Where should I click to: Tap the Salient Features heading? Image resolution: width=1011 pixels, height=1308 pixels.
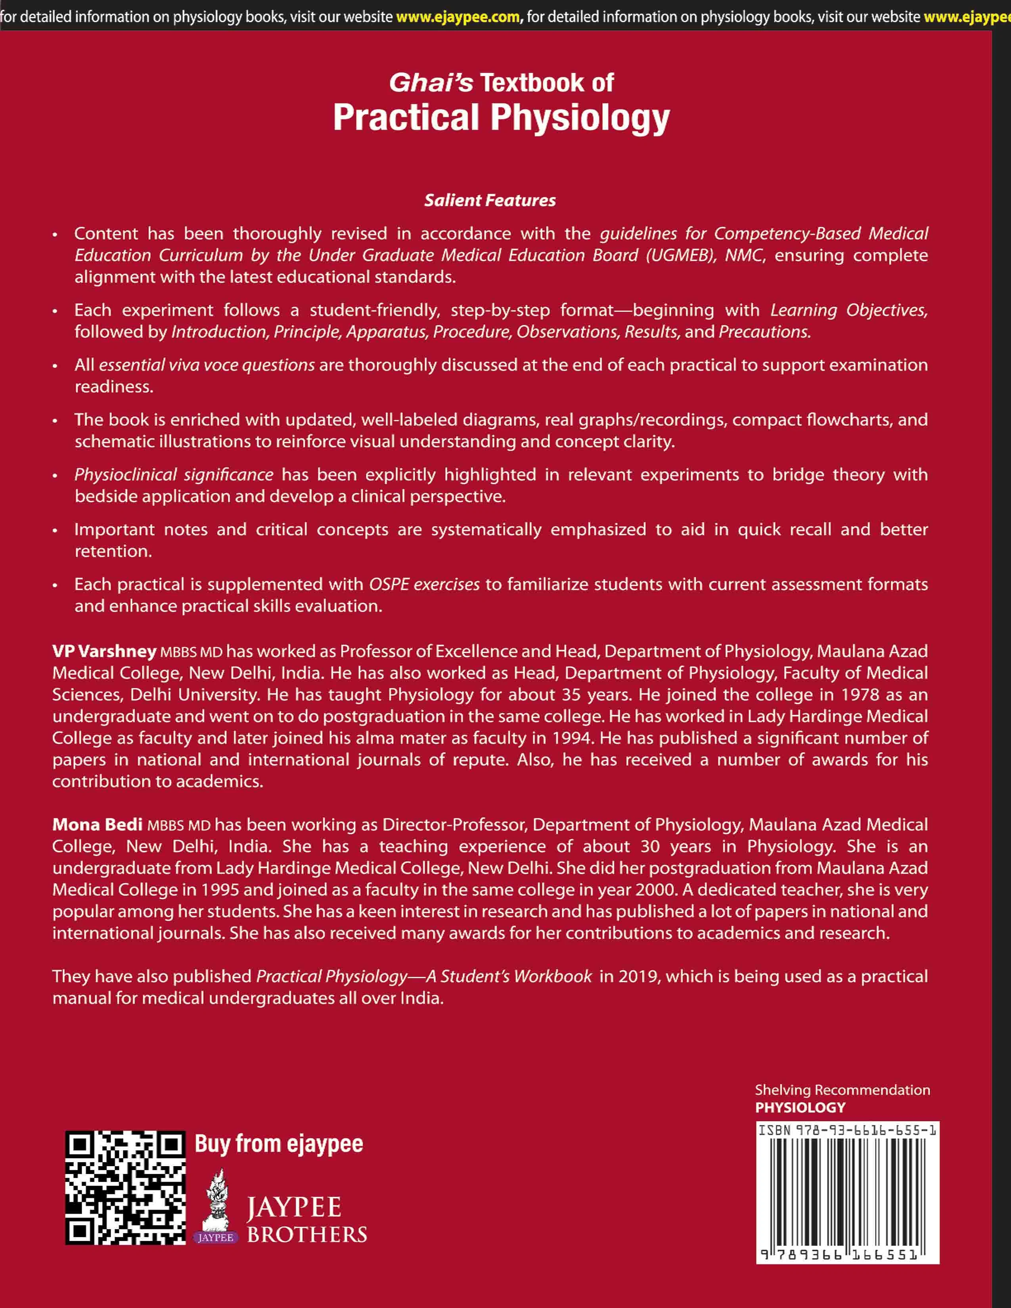(490, 200)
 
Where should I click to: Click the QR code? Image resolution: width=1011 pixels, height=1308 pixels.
(125, 1188)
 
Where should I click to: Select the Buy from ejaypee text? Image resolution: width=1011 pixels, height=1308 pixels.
(278, 1144)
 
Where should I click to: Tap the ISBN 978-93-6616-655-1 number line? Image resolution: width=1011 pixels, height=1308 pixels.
(847, 1130)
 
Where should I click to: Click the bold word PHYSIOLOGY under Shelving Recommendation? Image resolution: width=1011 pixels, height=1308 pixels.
(800, 1107)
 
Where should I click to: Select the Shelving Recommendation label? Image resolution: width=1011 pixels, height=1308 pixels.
(842, 1090)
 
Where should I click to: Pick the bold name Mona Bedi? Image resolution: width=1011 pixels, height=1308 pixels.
(97, 825)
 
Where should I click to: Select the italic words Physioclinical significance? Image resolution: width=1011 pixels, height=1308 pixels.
(174, 474)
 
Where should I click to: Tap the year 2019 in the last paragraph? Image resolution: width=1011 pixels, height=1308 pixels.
(638, 976)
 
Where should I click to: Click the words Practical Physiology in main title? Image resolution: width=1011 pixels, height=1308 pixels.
(501, 117)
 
